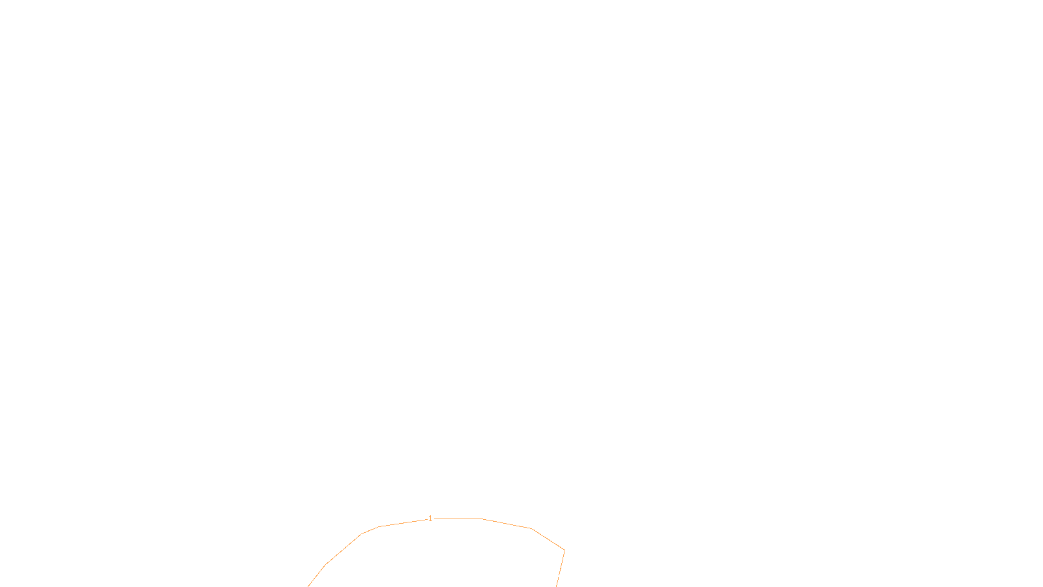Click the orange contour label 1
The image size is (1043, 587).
pyautogui.click(x=430, y=519)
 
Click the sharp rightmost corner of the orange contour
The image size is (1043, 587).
pyautogui.click(x=565, y=550)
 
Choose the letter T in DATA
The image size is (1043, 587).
pyautogui.click(x=553, y=577)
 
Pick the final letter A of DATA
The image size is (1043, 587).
pyautogui.click(x=558, y=577)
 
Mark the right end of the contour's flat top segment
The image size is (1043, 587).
pyautogui.click(x=482, y=519)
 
